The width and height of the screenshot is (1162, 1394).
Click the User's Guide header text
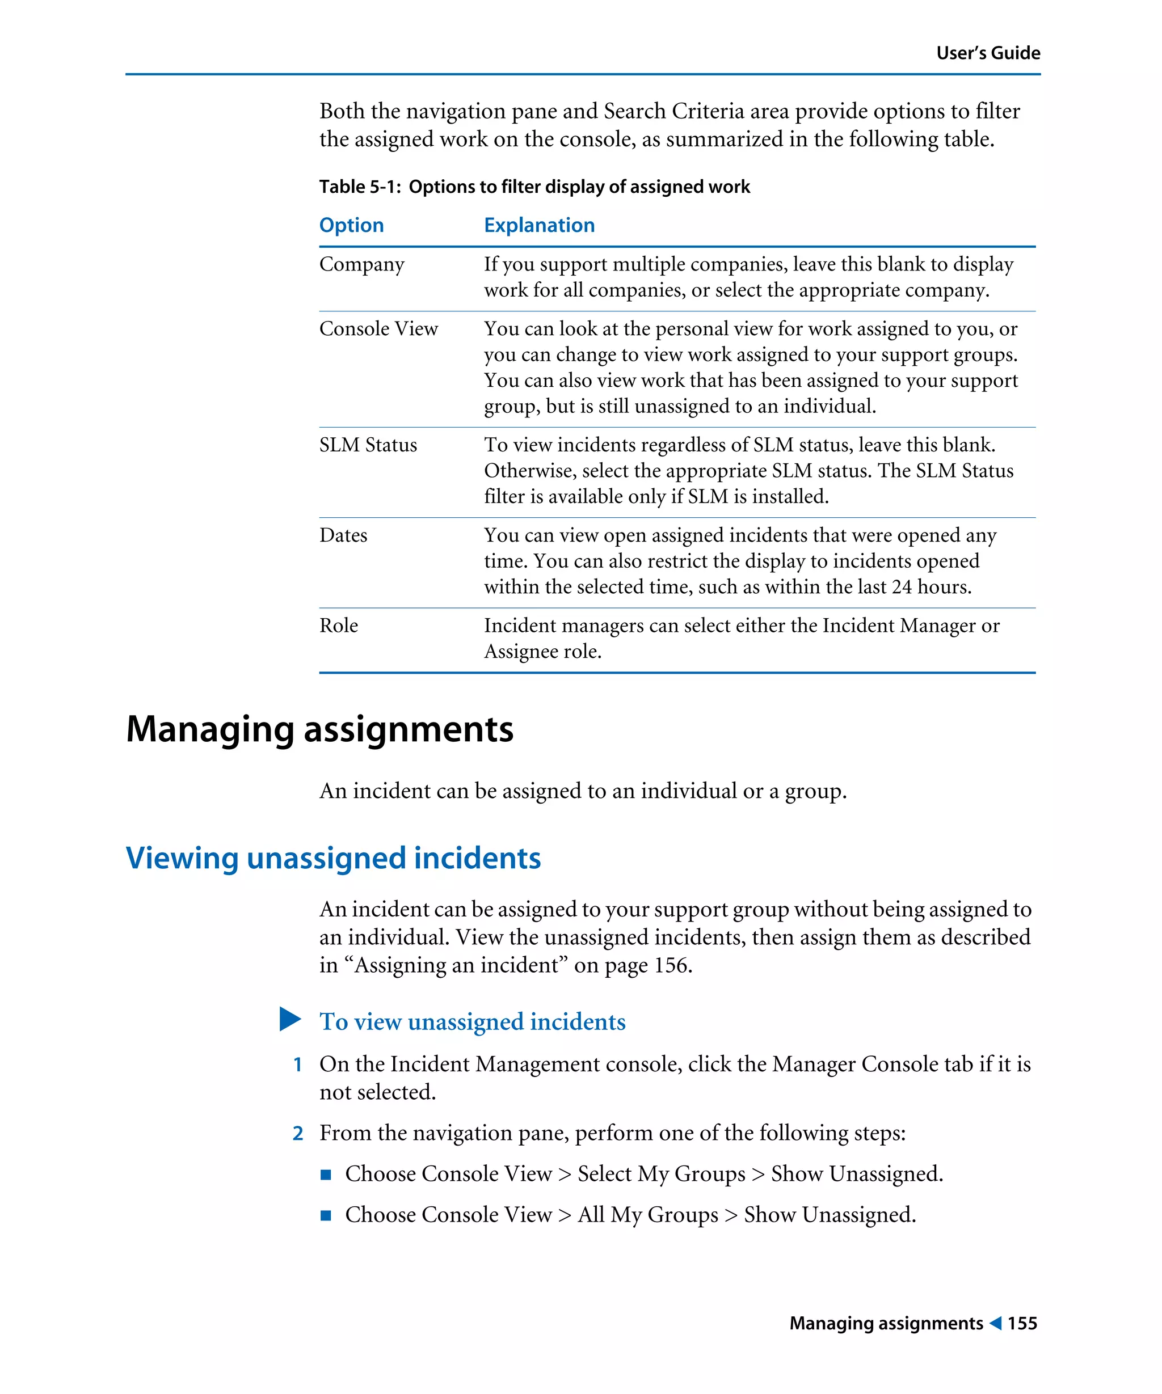(987, 53)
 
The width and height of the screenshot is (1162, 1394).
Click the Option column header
(351, 225)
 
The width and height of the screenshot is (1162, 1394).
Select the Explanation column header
(538, 225)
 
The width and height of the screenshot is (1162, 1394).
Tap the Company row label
(361, 264)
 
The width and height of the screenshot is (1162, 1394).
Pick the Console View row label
(378, 328)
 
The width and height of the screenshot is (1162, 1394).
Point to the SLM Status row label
(368, 445)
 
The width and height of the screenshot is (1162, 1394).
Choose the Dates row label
(343, 535)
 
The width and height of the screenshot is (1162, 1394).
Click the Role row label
(338, 626)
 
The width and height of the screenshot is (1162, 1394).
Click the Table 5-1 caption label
(360, 187)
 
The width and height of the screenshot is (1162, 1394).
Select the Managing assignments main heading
(319, 729)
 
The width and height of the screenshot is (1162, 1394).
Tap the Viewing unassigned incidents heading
(332, 857)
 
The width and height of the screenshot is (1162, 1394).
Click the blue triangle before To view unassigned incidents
(289, 1019)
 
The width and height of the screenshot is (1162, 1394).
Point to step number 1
(297, 1064)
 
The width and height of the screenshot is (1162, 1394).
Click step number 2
(297, 1133)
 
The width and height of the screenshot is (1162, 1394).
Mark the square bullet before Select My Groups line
(325, 1175)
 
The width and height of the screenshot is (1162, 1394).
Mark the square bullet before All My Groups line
(325, 1215)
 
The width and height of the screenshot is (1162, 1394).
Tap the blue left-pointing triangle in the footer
(995, 1323)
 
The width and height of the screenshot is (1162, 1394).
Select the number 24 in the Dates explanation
(901, 587)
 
